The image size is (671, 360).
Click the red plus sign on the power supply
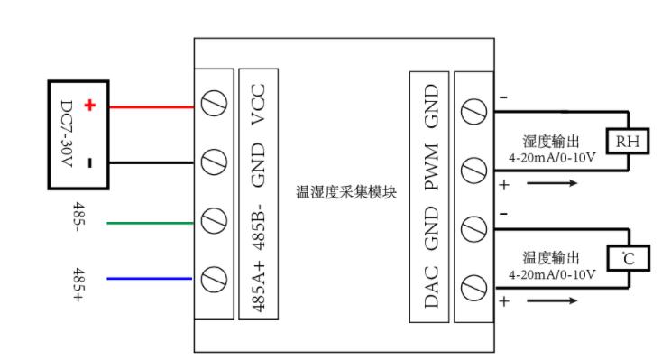90,106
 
